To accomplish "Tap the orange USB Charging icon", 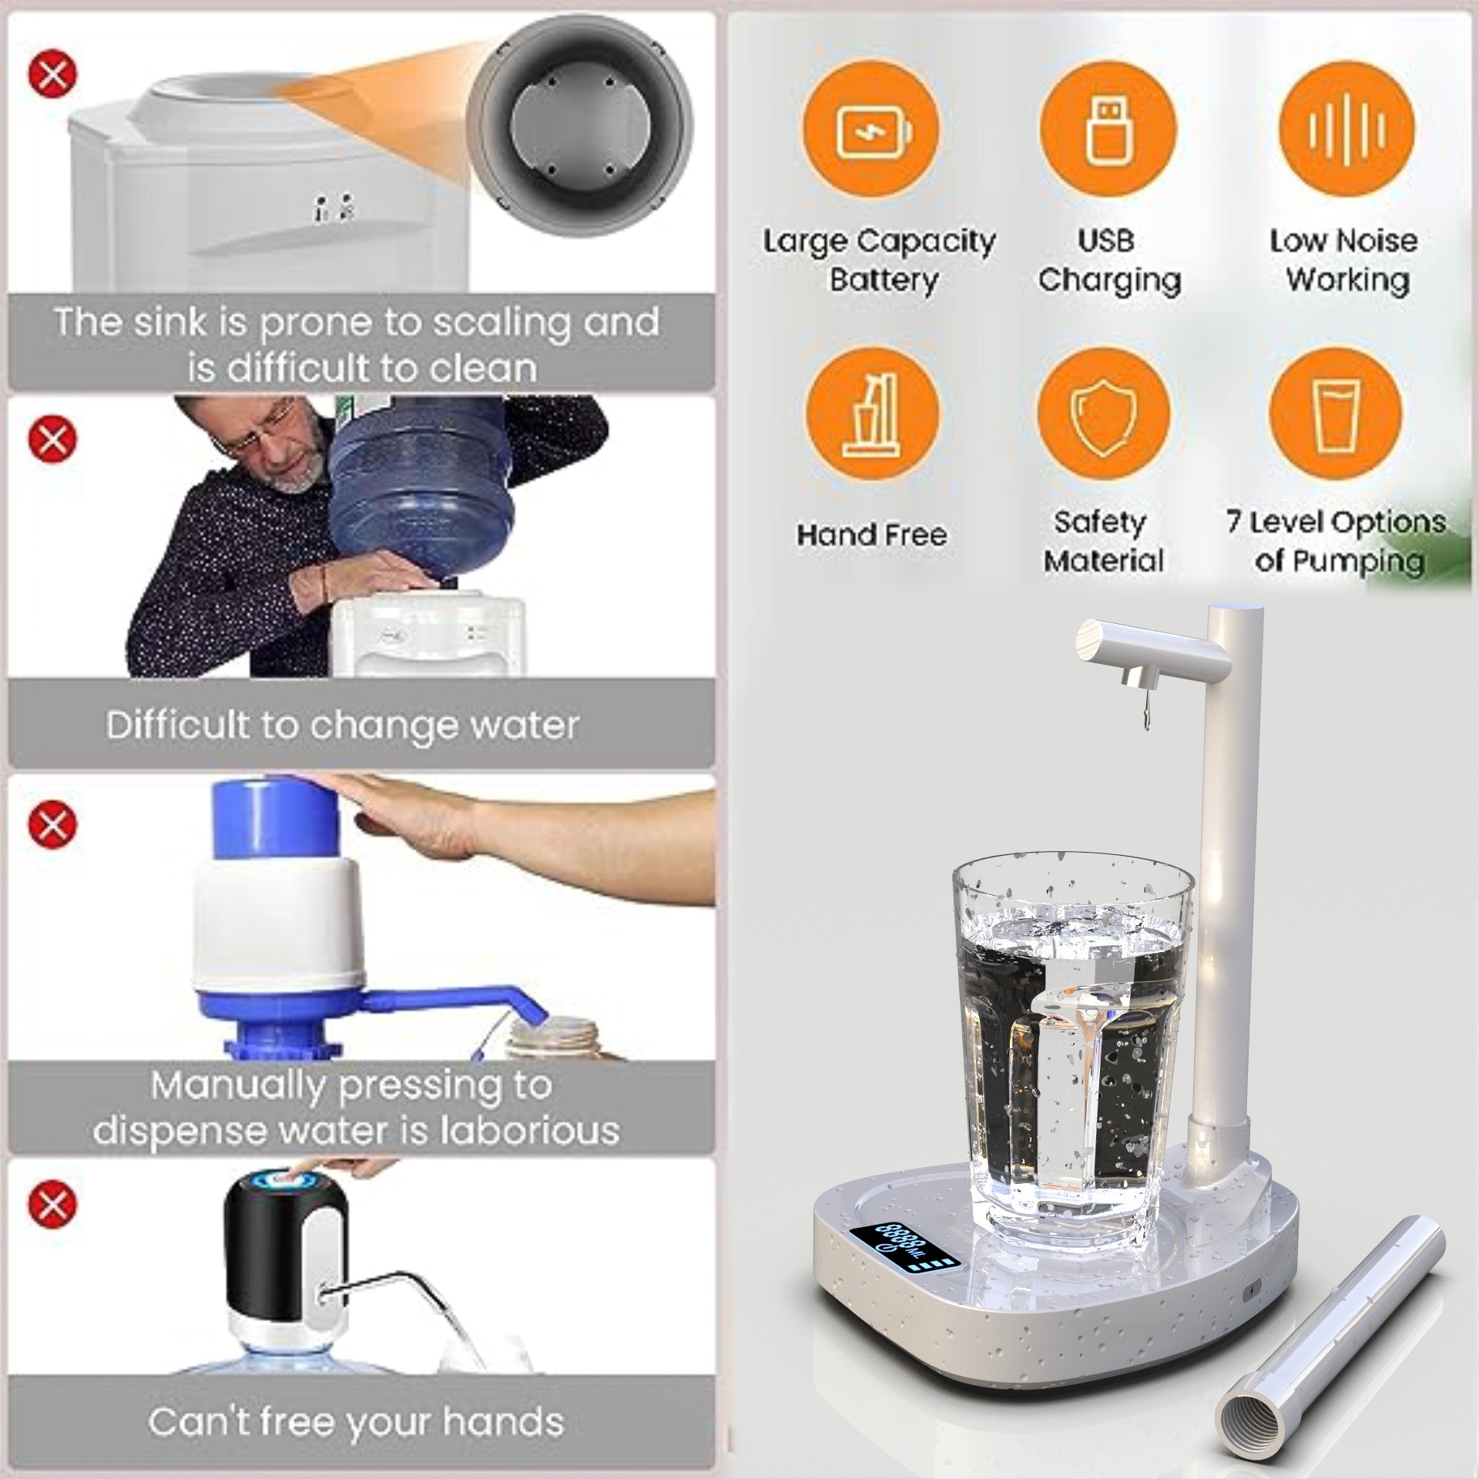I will tap(1108, 129).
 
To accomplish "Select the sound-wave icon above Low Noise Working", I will tap(1346, 129).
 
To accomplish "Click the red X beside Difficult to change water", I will tap(52, 439).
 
